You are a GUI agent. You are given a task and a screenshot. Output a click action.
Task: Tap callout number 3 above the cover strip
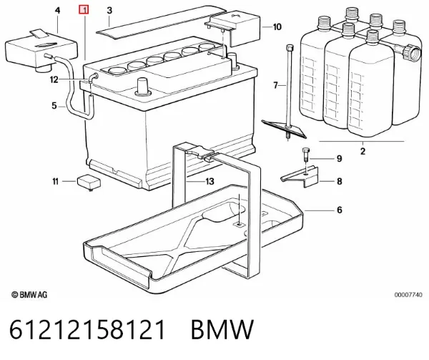109,11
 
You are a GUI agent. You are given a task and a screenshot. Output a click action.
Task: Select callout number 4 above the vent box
57,11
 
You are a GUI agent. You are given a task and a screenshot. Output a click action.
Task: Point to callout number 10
277,26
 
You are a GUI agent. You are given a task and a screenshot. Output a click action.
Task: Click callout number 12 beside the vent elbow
54,79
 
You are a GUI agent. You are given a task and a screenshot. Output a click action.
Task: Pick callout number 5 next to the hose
54,105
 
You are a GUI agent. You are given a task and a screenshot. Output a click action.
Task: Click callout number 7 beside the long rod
276,85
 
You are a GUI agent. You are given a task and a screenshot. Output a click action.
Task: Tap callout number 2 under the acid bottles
363,151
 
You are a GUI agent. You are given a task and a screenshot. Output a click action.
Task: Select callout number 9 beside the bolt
339,158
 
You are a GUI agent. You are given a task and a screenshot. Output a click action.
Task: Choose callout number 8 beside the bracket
339,181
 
